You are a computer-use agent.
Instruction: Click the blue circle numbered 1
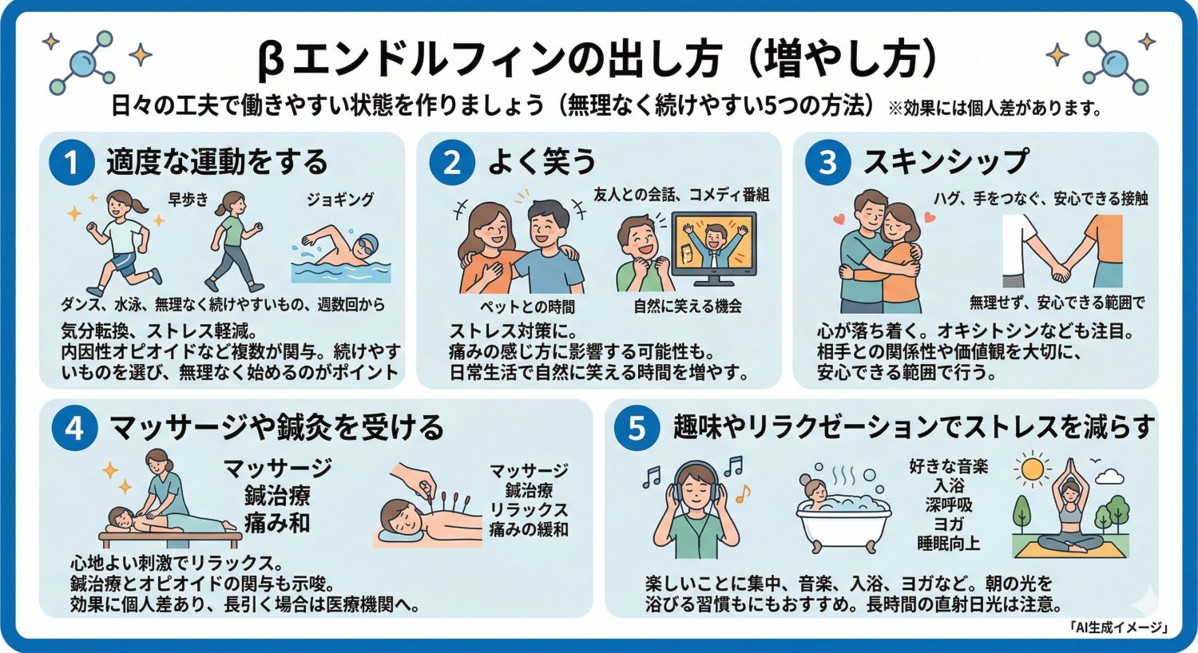(x=70, y=162)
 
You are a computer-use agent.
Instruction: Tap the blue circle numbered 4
(x=73, y=428)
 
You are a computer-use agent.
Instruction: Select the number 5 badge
(x=636, y=428)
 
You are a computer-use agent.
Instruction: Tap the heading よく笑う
(x=542, y=162)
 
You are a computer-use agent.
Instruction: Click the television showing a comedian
(x=713, y=247)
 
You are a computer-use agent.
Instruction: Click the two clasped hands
(x=1061, y=274)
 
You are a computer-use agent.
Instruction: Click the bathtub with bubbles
(x=843, y=515)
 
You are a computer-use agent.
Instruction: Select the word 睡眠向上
(x=949, y=544)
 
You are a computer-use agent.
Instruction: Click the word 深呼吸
(x=949, y=505)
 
